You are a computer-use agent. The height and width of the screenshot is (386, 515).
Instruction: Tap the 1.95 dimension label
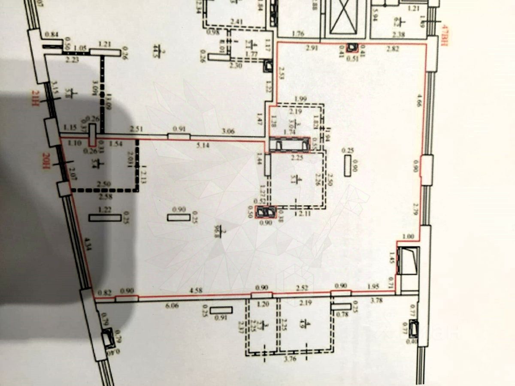point(373,287)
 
